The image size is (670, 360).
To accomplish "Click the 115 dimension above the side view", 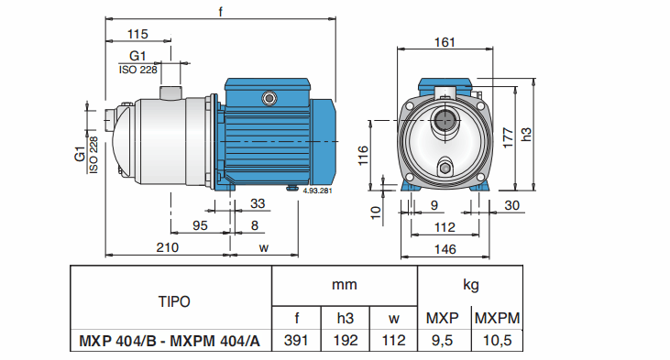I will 137,34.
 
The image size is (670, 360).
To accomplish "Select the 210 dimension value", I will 166,247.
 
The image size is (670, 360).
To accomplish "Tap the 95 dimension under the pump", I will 199,224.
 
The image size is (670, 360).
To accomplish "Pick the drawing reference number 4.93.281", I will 317,192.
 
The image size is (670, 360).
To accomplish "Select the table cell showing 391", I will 296,341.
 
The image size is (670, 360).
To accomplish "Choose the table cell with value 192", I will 346,341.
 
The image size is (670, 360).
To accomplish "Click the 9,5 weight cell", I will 444,341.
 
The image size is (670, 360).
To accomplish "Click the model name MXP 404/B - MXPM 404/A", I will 171,341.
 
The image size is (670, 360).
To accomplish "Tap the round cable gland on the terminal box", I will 269,96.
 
